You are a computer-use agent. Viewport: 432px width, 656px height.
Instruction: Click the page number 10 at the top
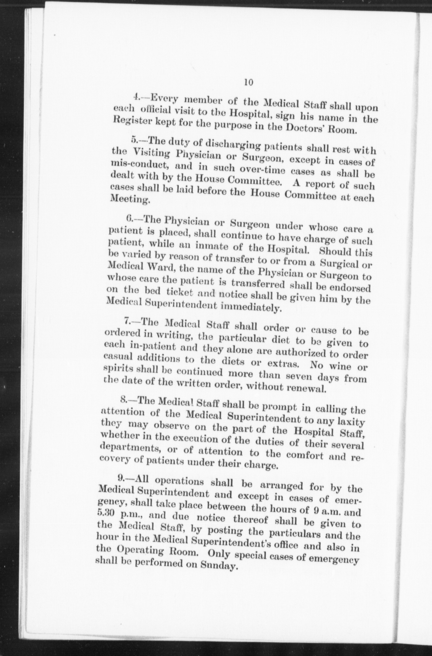tap(249, 82)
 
